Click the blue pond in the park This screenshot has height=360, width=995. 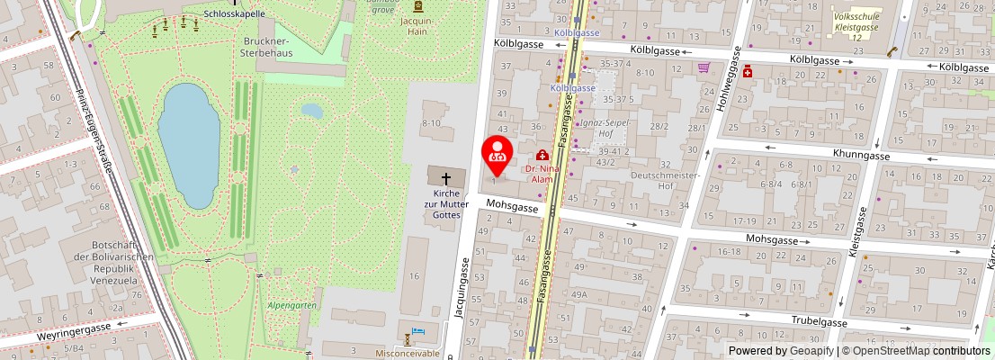188,144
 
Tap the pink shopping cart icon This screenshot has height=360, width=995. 704,67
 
